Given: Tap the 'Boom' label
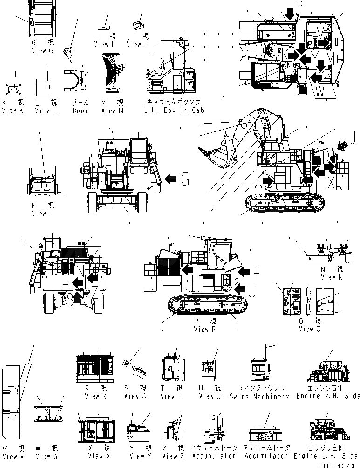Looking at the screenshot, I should click(x=81, y=110).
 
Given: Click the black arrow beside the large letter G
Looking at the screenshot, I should click(x=171, y=178).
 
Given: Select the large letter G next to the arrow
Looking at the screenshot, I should click(x=185, y=178).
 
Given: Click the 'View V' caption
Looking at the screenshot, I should click(x=10, y=456).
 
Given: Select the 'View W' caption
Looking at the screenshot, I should click(x=47, y=456).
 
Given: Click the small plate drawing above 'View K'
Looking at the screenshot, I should click(x=14, y=89).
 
